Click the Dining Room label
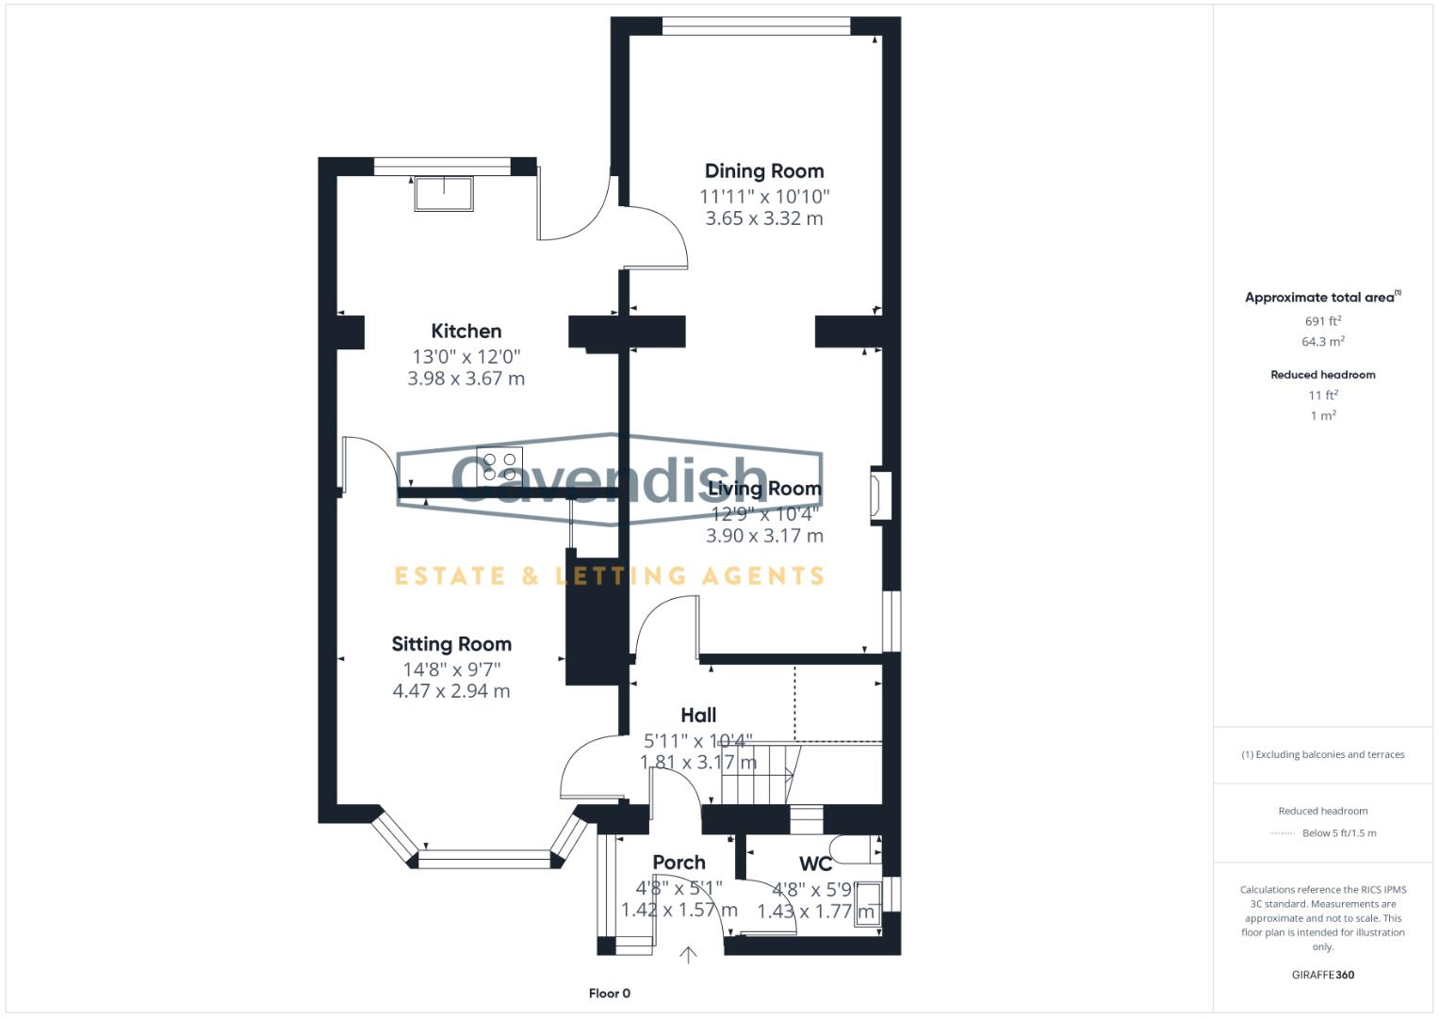coord(763,170)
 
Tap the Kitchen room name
coord(466,331)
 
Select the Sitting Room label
coord(451,644)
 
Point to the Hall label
coord(698,715)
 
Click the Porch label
coord(679,863)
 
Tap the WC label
coord(815,864)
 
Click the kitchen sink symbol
coord(444,193)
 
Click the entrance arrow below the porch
coord(688,955)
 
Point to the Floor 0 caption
coord(609,993)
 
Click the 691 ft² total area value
coord(1322,321)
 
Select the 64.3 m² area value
coord(1322,342)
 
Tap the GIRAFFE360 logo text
coord(1322,975)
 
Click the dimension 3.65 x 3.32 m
coord(763,218)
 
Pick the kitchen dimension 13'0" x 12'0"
coord(466,357)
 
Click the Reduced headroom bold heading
coord(1322,375)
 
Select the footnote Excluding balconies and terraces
coord(1322,754)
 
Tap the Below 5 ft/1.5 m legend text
coord(1338,833)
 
